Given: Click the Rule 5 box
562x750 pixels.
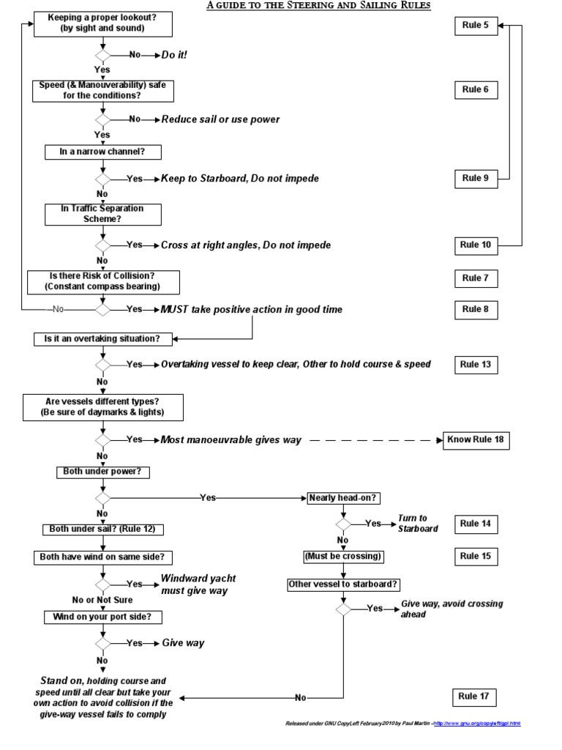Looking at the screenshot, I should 476,26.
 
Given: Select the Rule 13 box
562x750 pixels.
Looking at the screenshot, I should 476,364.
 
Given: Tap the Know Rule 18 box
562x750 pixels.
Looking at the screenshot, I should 476,440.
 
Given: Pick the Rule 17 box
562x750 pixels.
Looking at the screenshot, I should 476,697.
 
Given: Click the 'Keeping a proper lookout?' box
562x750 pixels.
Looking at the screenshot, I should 102,23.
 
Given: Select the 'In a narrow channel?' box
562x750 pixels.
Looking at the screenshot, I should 102,152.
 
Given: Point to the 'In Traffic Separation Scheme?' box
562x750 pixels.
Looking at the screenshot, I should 102,213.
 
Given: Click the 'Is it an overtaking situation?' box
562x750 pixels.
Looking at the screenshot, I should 102,339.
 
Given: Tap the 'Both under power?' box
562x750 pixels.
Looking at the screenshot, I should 102,472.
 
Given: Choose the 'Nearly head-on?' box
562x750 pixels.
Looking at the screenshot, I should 344,497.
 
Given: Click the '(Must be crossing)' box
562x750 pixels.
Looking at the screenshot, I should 344,556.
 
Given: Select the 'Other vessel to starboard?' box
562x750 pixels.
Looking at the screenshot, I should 344,584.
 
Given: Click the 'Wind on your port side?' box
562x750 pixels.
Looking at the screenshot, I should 102,617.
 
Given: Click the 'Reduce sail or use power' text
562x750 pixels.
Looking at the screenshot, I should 220,119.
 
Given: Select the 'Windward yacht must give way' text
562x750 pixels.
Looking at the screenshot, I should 198,584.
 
